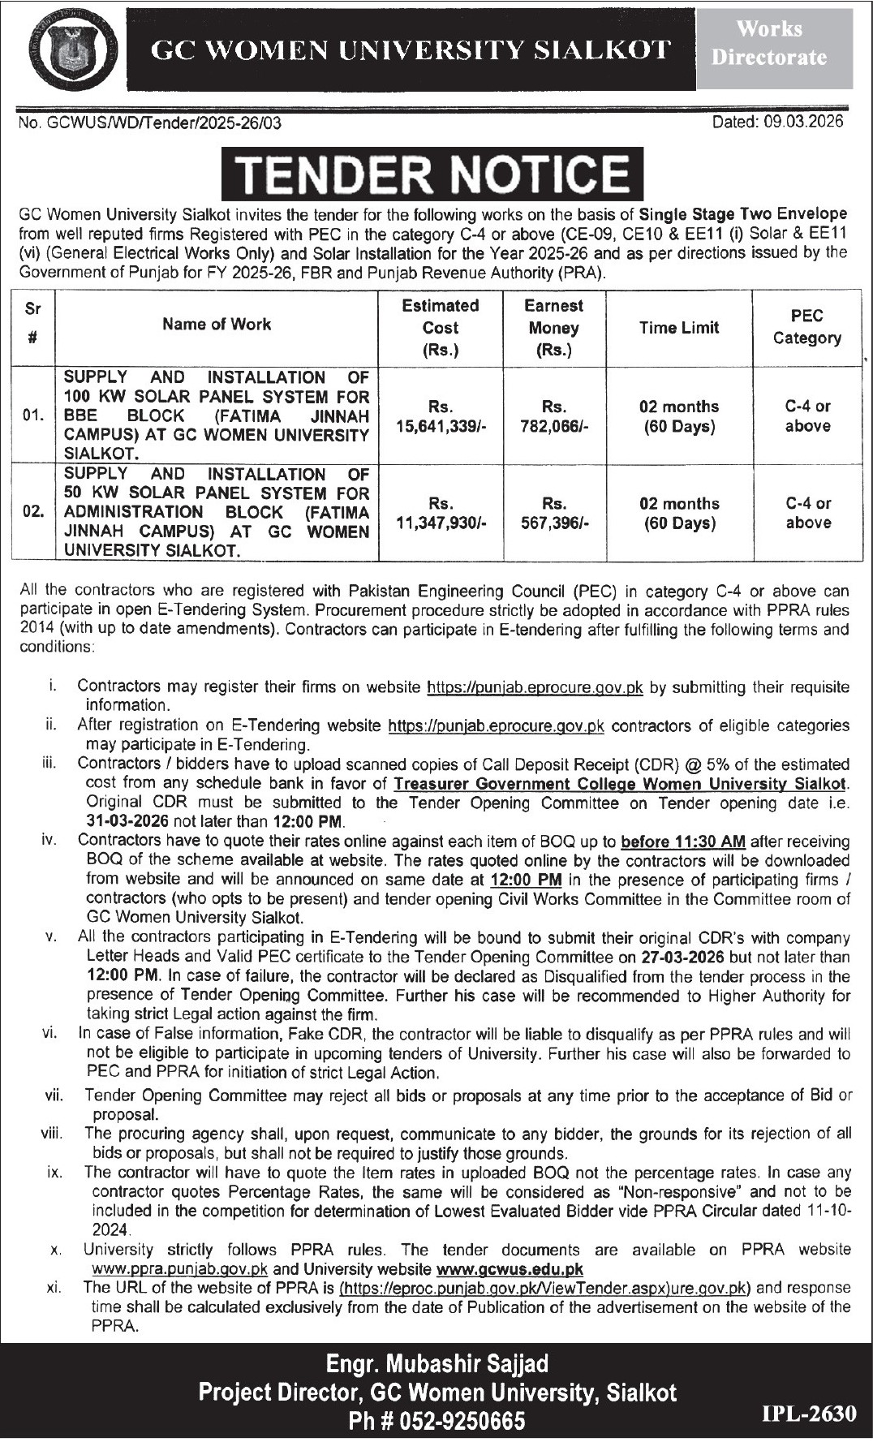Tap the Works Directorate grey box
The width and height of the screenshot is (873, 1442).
[769, 44]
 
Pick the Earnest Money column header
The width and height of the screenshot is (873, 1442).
[554, 328]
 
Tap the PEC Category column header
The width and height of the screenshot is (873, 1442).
[806, 327]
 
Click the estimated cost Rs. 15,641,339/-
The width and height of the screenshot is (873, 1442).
[441, 416]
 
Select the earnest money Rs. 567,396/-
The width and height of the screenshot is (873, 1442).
[554, 513]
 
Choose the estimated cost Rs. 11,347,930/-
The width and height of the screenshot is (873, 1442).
[441, 513]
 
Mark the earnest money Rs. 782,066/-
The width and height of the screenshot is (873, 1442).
[554, 416]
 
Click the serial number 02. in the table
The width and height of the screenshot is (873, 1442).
[33, 513]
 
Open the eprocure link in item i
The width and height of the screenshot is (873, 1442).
[535, 687]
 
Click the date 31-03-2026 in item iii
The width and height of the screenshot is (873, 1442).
[127, 822]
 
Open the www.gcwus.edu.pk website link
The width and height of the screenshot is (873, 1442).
[510, 1268]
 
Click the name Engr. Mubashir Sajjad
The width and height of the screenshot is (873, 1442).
[437, 1364]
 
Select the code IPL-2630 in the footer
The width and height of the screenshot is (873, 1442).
[808, 1414]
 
